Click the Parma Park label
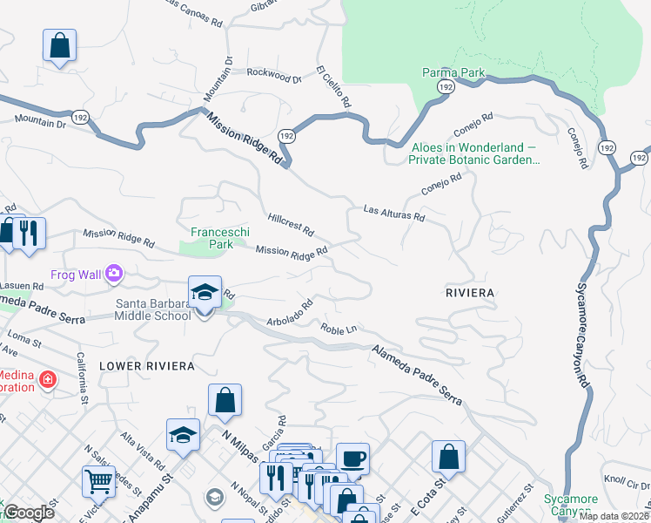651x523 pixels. (453, 72)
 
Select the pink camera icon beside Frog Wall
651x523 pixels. (114, 275)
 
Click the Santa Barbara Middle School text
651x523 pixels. (153, 309)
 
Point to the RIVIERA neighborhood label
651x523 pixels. (469, 294)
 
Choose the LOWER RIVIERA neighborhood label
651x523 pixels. (146, 366)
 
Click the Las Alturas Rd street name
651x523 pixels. (393, 212)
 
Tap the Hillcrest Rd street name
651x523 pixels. (291, 225)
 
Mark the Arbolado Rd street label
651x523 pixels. (290, 313)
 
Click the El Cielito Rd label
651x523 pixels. (333, 87)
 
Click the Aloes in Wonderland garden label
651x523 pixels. (475, 153)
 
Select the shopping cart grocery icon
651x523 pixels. (98, 480)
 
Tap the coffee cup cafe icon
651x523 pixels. (352, 457)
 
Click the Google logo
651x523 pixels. (29, 513)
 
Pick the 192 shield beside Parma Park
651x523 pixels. (446, 88)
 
